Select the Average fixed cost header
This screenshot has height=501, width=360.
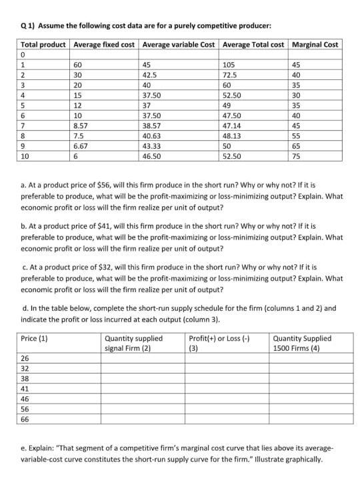(105, 44)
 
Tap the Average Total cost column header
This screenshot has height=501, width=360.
(254, 44)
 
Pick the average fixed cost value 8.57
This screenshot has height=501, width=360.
(81, 125)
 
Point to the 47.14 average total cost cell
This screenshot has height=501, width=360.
(232, 125)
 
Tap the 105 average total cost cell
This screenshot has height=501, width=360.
(229, 65)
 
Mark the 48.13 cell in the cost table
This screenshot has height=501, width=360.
(232, 135)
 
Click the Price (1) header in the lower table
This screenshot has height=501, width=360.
(34, 338)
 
